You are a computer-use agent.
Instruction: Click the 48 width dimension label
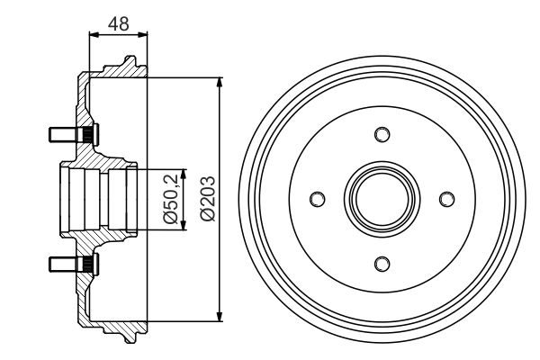coord(119,23)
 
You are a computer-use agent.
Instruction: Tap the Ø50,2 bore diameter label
coord(170,199)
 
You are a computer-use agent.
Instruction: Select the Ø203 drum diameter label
coord(208,198)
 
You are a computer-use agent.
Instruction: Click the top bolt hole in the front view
coord(382,134)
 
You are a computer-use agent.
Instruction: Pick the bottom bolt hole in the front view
coord(382,264)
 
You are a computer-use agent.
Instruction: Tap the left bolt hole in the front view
coord(317,199)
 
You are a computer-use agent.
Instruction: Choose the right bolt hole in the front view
coord(446,199)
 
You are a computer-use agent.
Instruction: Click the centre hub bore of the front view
coord(382,199)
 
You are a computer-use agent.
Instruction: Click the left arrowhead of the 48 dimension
coord(94,34)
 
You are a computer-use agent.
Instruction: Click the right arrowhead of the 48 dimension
coord(142,34)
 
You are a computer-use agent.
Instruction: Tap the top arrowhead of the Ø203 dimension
coord(220,83)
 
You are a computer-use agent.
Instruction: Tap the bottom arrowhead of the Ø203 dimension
coord(220,317)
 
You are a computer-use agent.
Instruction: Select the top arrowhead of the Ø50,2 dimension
coord(184,174)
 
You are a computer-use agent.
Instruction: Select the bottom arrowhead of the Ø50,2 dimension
coord(184,225)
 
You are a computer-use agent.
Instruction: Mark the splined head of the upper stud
coord(88,134)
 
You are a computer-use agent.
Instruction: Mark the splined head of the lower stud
coord(88,265)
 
